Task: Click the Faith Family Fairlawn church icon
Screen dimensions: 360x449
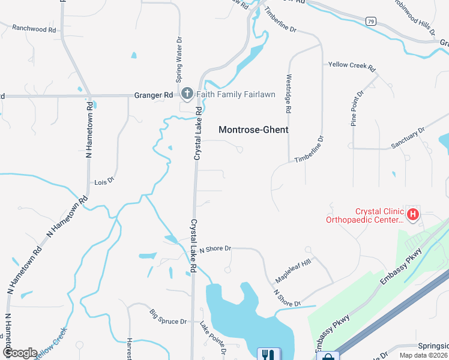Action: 187,94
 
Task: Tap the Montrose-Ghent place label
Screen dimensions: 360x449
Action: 253,130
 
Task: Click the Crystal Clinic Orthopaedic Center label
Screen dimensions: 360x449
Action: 364,215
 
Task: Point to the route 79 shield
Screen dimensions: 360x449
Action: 371,22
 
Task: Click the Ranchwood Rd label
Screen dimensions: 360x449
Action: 34,28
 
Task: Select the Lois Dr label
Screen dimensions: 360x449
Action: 104,181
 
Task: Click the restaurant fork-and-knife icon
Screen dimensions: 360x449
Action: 265,355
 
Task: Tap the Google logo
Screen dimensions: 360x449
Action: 19,352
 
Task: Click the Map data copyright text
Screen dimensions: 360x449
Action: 423,355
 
